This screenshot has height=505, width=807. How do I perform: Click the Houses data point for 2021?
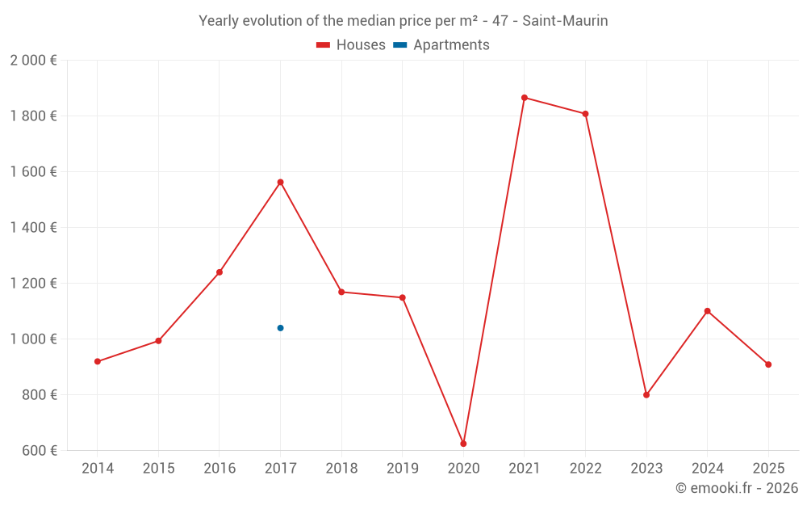click(x=525, y=98)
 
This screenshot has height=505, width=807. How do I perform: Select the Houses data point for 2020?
click(x=463, y=444)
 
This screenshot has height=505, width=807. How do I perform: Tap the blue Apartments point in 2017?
click(x=280, y=328)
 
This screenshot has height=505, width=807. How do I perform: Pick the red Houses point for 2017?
click(x=280, y=183)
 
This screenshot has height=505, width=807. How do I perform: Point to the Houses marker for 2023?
click(x=646, y=395)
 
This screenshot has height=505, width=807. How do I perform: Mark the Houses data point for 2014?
click(x=98, y=361)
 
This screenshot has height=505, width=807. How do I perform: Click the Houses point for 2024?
click(x=707, y=311)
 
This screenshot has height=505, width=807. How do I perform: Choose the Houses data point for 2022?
click(x=585, y=114)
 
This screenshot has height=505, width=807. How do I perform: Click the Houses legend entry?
click(x=351, y=45)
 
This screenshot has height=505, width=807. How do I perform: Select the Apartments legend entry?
click(x=441, y=45)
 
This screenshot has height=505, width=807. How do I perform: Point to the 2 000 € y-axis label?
click(x=34, y=61)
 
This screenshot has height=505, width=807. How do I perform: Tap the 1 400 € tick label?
click(x=34, y=228)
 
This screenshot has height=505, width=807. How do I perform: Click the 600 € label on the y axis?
click(x=40, y=451)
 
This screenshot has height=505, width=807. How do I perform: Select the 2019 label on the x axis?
click(x=403, y=469)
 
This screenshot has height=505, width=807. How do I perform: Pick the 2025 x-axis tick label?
click(x=768, y=469)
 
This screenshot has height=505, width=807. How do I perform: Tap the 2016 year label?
click(x=220, y=469)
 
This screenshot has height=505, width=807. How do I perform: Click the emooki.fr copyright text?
click(x=737, y=488)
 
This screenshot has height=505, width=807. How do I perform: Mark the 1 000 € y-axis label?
click(x=34, y=339)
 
